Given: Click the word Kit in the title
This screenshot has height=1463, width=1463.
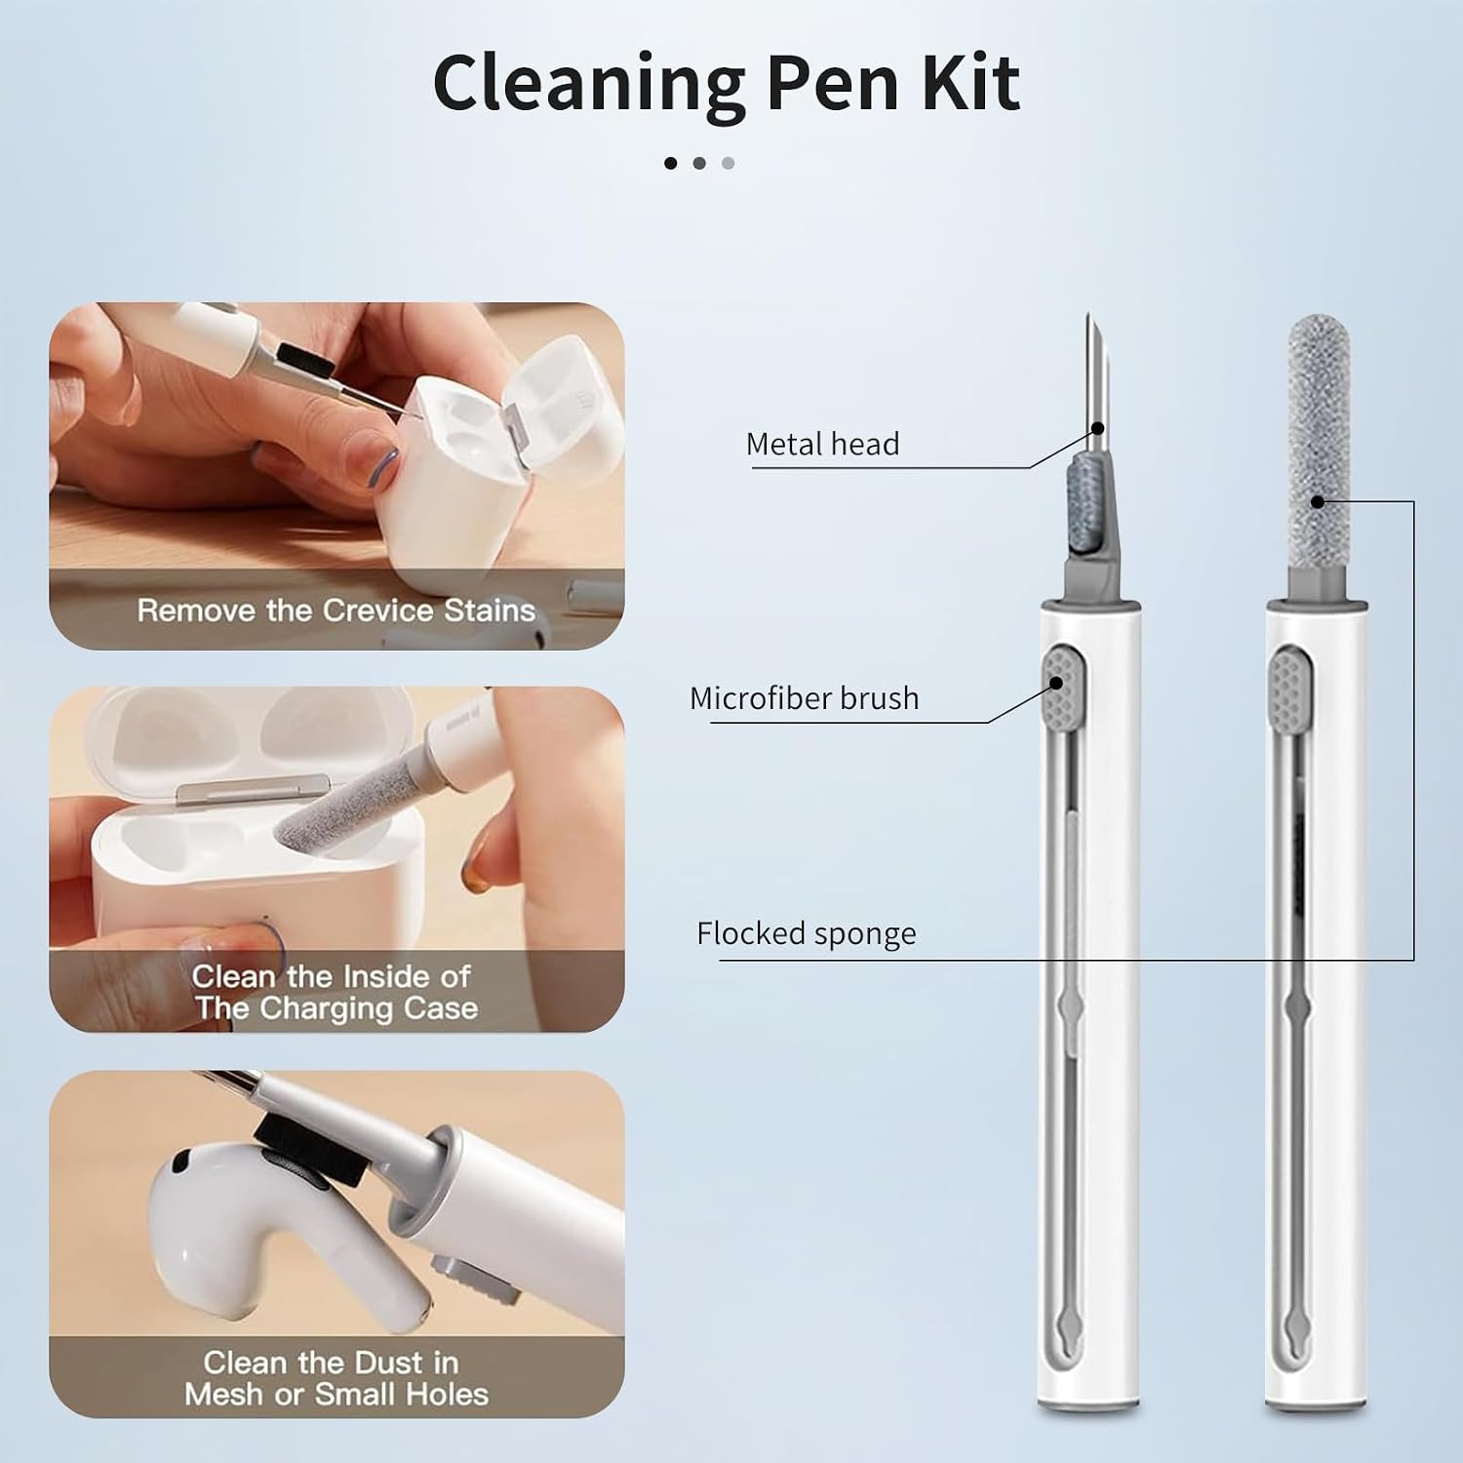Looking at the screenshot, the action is pyautogui.click(x=969, y=82).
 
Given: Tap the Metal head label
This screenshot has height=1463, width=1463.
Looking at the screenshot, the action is pyautogui.click(x=822, y=445).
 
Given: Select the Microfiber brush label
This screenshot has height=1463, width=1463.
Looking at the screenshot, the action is pyautogui.click(x=804, y=698).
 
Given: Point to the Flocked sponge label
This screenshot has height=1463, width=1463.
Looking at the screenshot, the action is pyautogui.click(x=806, y=933).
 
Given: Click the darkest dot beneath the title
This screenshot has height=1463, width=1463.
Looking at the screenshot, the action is pyautogui.click(x=670, y=163).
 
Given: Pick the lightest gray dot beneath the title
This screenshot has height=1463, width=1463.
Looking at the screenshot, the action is pyautogui.click(x=728, y=163).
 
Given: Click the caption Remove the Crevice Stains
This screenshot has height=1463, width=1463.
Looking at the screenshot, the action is pyautogui.click(x=336, y=611).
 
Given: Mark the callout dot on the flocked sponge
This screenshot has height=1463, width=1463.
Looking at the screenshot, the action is pyautogui.click(x=1318, y=501).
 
